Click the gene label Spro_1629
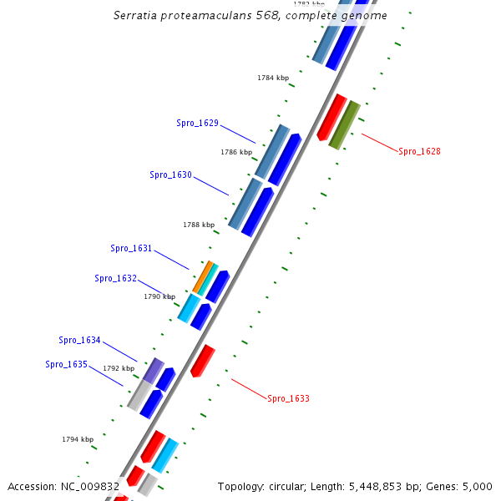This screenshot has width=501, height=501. (197, 123)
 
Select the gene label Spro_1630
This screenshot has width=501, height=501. (170, 175)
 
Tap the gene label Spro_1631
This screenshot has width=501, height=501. (131, 248)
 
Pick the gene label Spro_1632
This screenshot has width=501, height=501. (115, 278)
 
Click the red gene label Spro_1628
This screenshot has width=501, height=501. (419, 151)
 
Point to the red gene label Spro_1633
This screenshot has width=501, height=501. (288, 398)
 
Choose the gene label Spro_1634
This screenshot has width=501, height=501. (79, 340)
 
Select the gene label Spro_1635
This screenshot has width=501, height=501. (66, 364)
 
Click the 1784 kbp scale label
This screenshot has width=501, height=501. (273, 78)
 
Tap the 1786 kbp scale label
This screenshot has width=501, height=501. (236, 152)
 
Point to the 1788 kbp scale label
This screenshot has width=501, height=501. (199, 225)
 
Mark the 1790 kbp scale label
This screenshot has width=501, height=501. (159, 296)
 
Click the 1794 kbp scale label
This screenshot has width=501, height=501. (78, 439)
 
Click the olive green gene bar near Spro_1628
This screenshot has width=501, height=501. (344, 124)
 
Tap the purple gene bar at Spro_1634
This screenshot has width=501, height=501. (154, 369)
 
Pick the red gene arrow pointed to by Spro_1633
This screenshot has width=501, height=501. (202, 361)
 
